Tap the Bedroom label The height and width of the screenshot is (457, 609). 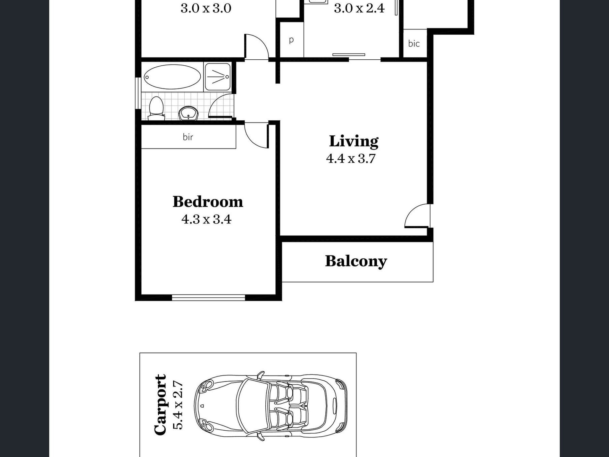[208, 202]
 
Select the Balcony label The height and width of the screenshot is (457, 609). [356, 261]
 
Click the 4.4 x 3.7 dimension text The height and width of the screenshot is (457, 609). [351, 159]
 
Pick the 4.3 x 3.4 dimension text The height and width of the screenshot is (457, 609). [206, 219]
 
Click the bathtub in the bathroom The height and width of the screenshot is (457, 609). [172, 77]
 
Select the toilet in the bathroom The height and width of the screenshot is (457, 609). [156, 108]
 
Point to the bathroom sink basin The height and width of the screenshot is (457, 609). [188, 114]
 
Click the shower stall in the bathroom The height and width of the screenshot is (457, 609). [217, 77]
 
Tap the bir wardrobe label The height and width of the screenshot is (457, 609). [188, 137]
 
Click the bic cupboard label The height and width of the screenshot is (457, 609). [414, 43]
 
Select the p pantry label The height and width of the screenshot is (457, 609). [291, 40]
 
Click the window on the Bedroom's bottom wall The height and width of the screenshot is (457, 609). [209, 298]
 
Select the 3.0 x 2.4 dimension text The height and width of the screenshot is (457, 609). [359, 8]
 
